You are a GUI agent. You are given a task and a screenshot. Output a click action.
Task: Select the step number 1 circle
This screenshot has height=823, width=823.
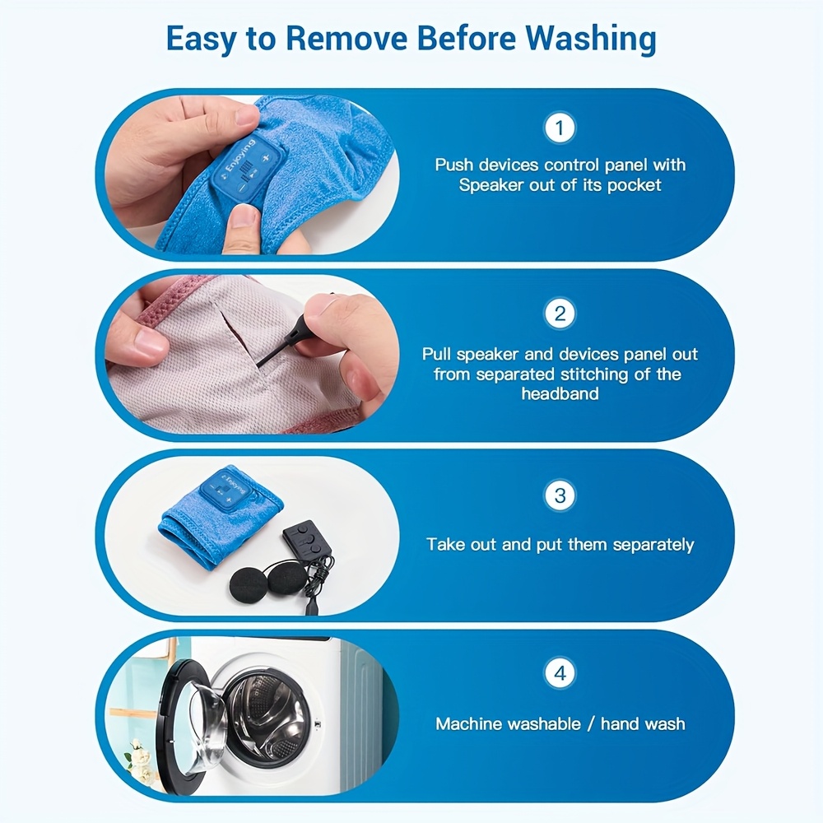[x=560, y=128]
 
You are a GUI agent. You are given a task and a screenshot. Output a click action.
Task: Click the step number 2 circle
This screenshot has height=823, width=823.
[x=560, y=314]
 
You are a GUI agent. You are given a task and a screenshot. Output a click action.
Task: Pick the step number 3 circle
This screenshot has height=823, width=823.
[x=560, y=495]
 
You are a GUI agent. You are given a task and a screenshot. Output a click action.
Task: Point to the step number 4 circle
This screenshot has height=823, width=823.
[x=560, y=673]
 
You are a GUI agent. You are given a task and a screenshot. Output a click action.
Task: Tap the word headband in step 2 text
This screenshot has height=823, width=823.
[x=560, y=393]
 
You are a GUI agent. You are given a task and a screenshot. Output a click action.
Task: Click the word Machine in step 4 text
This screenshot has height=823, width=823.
[x=469, y=723]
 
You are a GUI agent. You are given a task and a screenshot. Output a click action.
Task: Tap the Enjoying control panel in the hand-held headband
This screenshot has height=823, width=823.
[x=249, y=167]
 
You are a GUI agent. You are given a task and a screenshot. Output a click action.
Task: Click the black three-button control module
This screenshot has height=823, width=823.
[x=308, y=541]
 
